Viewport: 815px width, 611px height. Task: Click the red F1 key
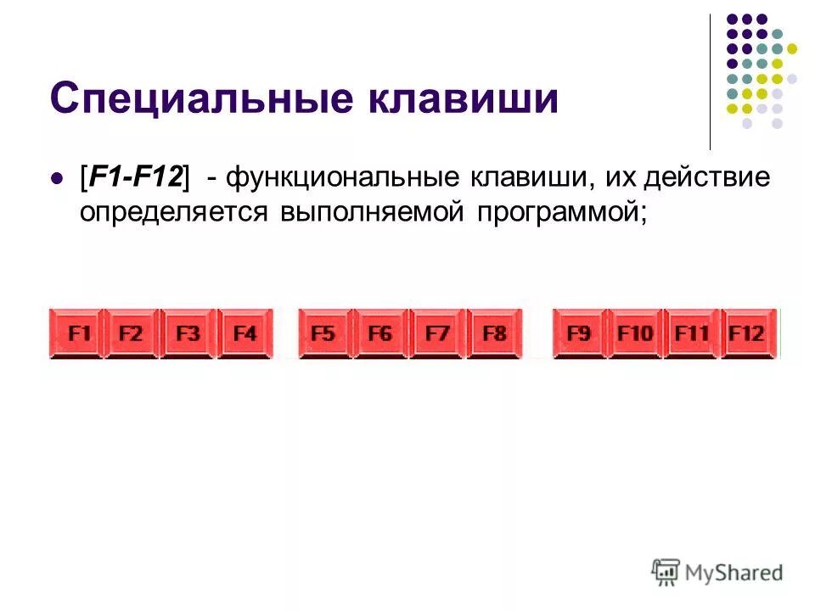76,334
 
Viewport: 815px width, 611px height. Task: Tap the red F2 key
131,334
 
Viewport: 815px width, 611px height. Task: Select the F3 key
188,334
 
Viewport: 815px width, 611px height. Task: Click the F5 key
323,334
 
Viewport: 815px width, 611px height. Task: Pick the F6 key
380,334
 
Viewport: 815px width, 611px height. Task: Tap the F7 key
437,334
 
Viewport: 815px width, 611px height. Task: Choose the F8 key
494,334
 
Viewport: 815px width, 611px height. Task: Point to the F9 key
579,334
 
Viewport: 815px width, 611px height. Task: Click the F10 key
635,334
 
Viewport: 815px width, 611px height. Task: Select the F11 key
692,334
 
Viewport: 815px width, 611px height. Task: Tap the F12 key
748,334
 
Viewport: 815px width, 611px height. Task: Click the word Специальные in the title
200,99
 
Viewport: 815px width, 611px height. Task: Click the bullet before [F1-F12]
58,179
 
